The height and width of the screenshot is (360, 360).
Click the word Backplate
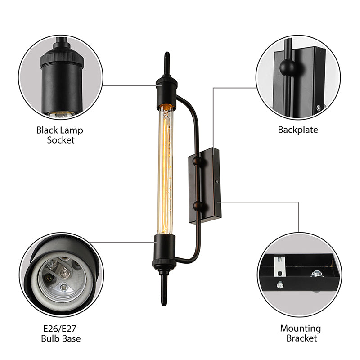pyautogui.click(x=297, y=130)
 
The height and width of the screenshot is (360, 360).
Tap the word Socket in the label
pyautogui.click(x=60, y=140)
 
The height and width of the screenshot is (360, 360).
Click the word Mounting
pyautogui.click(x=301, y=328)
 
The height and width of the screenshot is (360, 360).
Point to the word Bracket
pyautogui.click(x=301, y=338)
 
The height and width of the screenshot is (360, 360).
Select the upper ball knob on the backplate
pyautogui.click(x=197, y=159)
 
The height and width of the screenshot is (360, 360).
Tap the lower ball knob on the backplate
pyautogui.click(x=197, y=206)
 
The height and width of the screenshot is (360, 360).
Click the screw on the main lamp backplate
pyautogui.click(x=217, y=181)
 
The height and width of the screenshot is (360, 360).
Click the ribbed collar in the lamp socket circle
pyautogui.click(x=59, y=58)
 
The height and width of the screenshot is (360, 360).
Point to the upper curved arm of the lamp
pyautogui.click(x=189, y=108)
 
